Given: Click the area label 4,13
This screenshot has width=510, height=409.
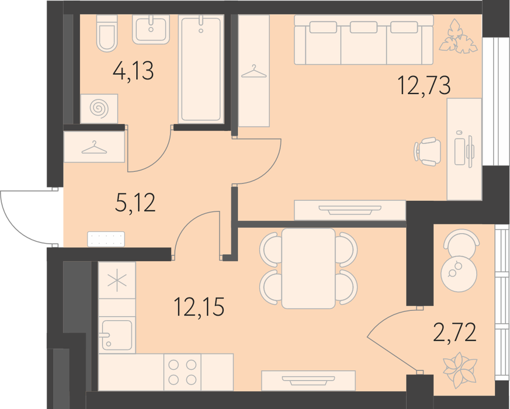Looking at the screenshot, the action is pyautogui.click(x=133, y=71).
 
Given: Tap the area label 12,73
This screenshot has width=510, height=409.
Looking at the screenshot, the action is pyautogui.click(x=424, y=85).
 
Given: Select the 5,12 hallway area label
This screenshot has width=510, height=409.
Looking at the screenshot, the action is pyautogui.click(x=136, y=202).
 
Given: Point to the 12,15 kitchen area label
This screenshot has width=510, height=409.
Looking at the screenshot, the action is pyautogui.click(x=199, y=307).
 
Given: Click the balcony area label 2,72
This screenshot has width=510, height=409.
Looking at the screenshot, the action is pyautogui.click(x=455, y=331).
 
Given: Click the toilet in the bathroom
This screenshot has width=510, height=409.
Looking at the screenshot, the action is pyautogui.click(x=107, y=33).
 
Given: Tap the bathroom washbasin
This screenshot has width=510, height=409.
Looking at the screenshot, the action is pyautogui.click(x=151, y=30).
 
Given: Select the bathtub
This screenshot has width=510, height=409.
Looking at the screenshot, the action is pyautogui.click(x=201, y=70).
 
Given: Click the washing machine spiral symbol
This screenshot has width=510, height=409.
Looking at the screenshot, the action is pyautogui.click(x=99, y=108).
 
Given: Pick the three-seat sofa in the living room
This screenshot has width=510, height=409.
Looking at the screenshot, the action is pyautogui.click(x=364, y=40).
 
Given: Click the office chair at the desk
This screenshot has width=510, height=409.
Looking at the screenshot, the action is pyautogui.click(x=427, y=151).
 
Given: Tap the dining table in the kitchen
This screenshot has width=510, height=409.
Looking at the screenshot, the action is pyautogui.click(x=308, y=268).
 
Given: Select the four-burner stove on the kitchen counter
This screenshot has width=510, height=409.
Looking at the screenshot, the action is pyautogui.click(x=182, y=372).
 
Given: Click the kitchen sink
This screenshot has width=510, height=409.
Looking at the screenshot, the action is pyautogui.click(x=117, y=335).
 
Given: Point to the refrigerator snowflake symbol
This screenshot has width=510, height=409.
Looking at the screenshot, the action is pyautogui.click(x=117, y=280).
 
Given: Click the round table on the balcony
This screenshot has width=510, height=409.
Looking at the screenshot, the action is pyautogui.click(x=459, y=273).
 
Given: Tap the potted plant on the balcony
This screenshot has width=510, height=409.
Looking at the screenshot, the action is pyautogui.click(x=460, y=370).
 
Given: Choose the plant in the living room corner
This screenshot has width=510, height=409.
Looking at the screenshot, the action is pyautogui.click(x=458, y=36).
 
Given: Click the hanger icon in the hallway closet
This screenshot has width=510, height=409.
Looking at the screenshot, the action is pyautogui.click(x=94, y=147).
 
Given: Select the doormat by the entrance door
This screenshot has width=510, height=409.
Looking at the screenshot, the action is pyautogui.click(x=106, y=239).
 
